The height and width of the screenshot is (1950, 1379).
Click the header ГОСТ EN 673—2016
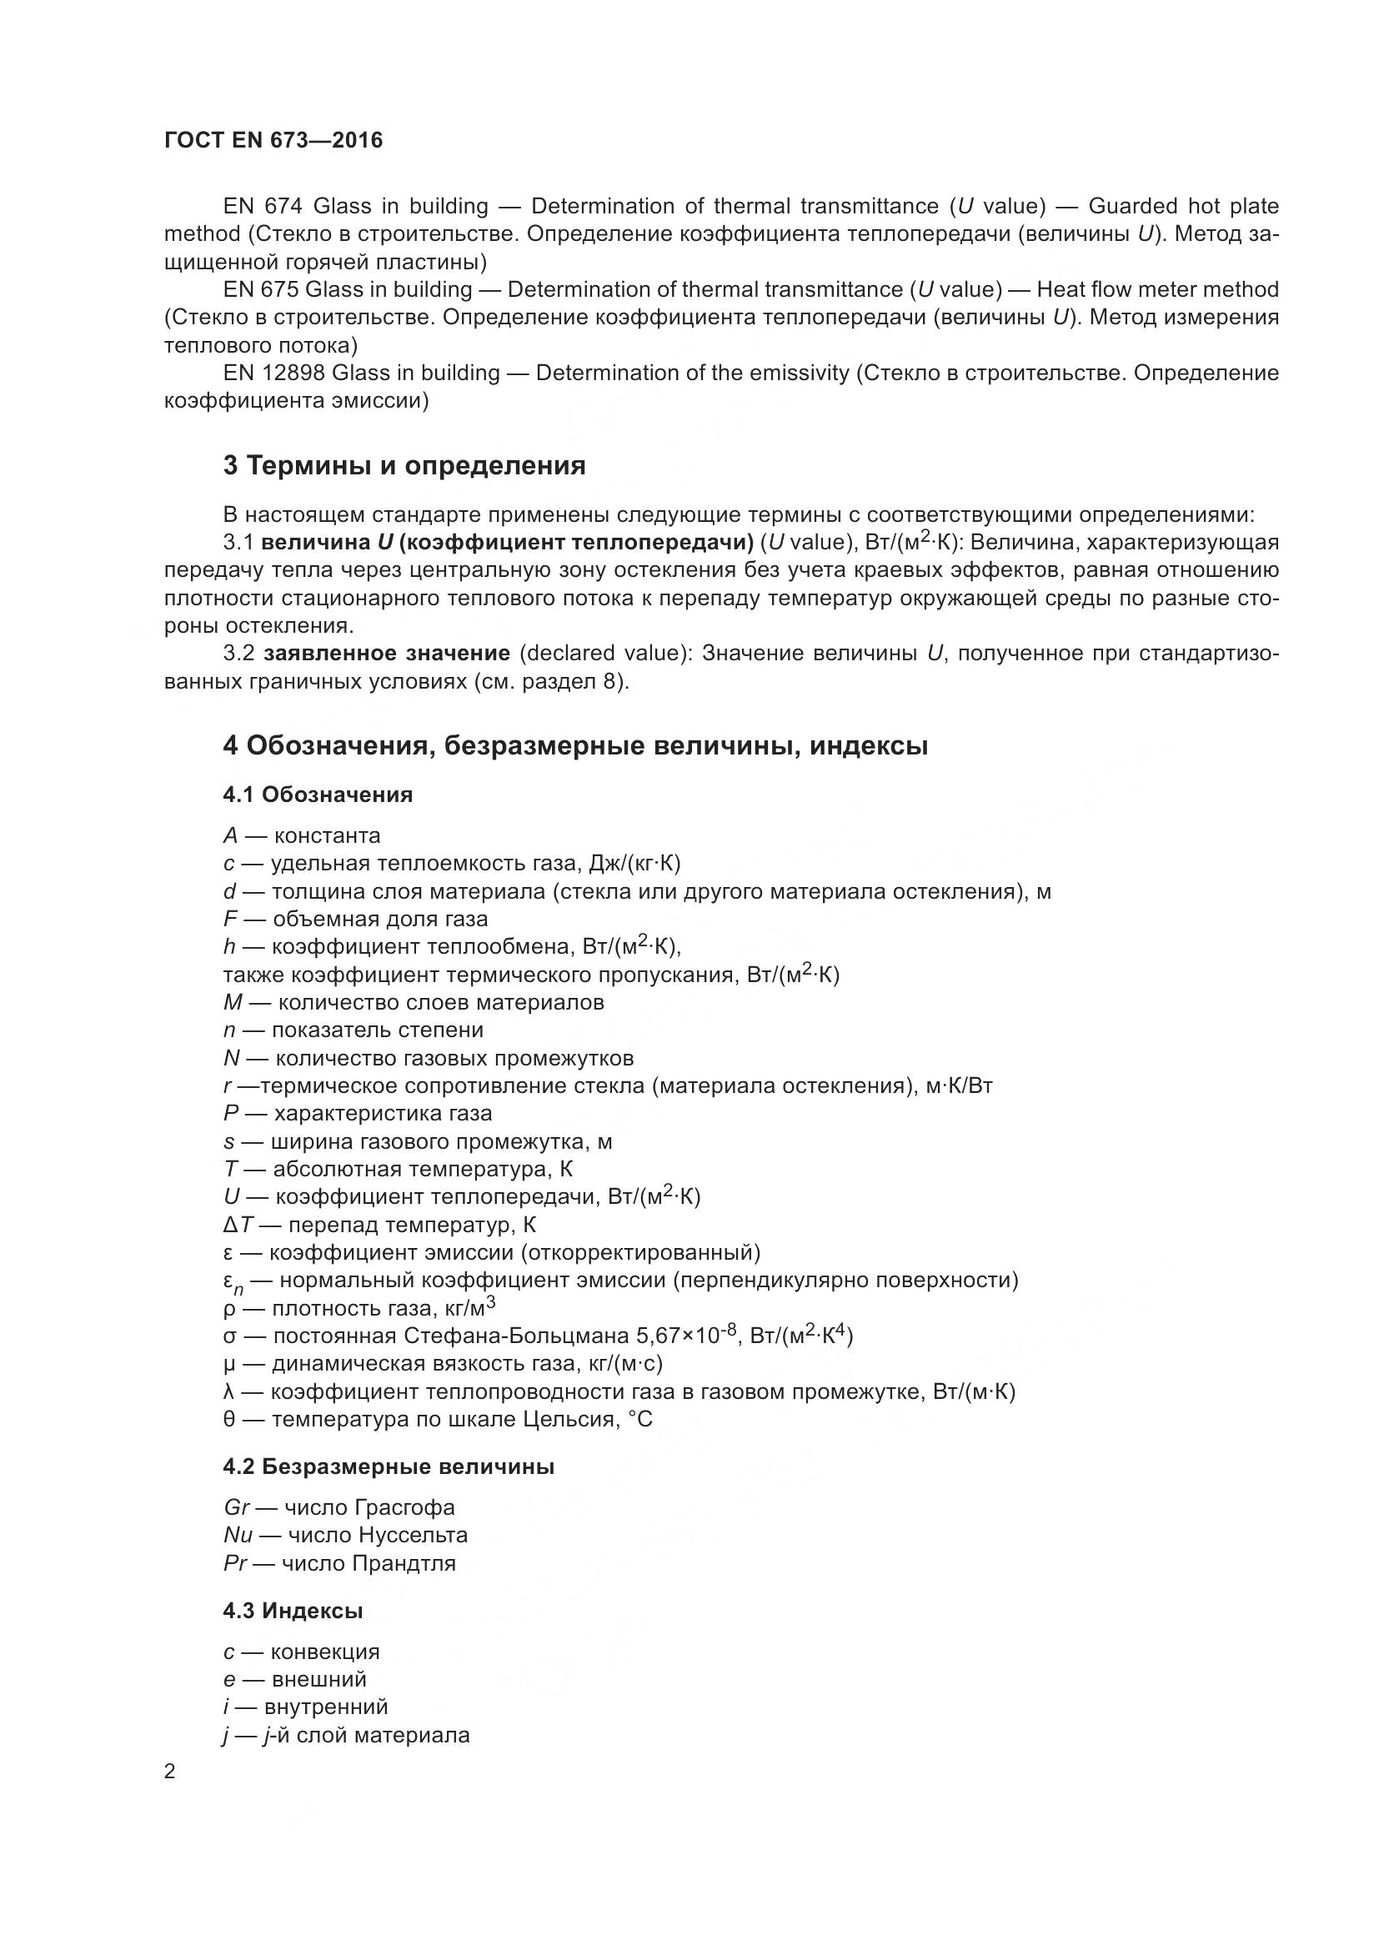click(x=273, y=140)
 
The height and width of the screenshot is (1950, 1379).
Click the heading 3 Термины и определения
click(x=404, y=465)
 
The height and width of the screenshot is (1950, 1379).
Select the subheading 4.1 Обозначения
click(x=318, y=795)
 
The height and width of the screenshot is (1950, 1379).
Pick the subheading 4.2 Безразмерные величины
click(x=388, y=1466)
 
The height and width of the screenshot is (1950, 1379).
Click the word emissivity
click(x=799, y=373)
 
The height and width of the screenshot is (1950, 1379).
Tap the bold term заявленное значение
click(x=386, y=653)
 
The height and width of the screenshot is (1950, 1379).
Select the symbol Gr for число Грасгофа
click(x=236, y=1507)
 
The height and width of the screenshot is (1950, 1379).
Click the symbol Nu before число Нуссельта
click(x=238, y=1535)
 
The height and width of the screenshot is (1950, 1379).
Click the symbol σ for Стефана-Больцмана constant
click(x=229, y=1336)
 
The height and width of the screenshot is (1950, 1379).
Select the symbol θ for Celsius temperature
click(x=229, y=1419)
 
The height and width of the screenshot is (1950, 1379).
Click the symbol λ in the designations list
click(x=229, y=1391)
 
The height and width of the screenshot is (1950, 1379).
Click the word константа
click(x=327, y=835)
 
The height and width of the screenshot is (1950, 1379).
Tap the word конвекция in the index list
click(x=324, y=1652)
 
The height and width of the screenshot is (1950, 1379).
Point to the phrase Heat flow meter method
click(x=1157, y=289)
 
